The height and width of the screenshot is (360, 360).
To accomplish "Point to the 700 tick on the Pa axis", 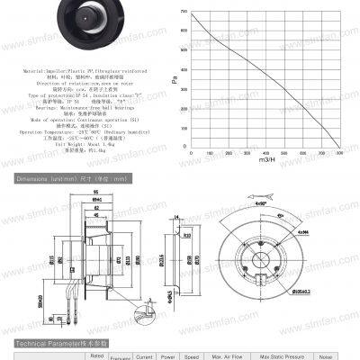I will pyautogui.click(x=184, y=12).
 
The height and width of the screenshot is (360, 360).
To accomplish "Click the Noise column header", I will pyautogui.click(x=325, y=356).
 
